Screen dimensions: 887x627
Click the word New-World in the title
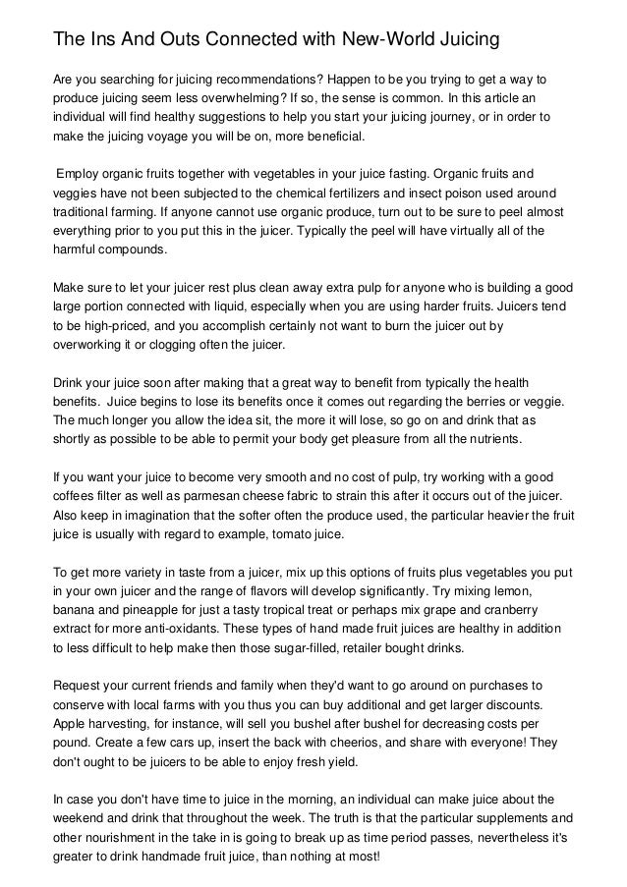tap(385, 39)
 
